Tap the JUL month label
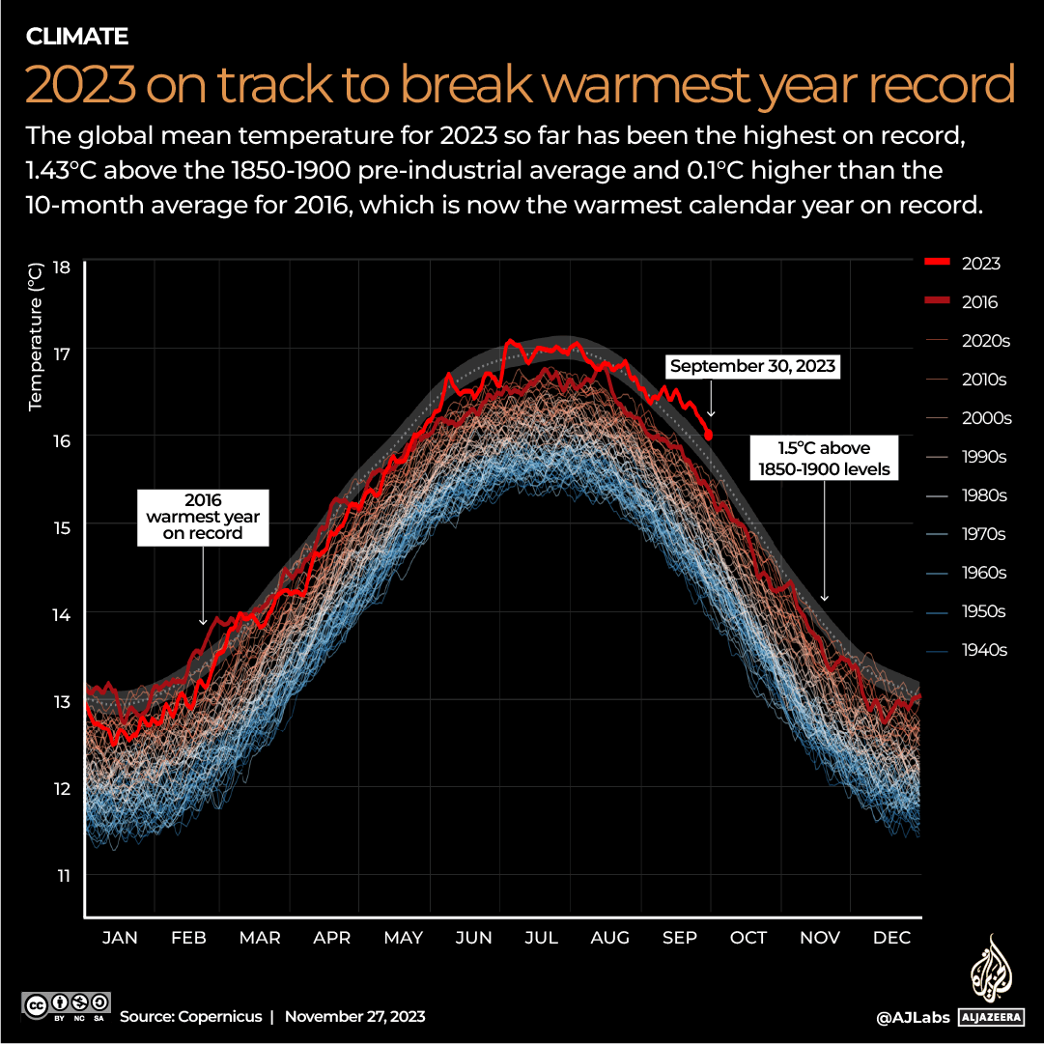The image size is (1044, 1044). tap(541, 937)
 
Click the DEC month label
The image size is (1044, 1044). tap(891, 937)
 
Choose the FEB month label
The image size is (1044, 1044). tap(189, 937)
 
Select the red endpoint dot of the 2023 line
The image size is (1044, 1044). tap(709, 436)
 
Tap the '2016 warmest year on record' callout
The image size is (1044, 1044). tap(203, 517)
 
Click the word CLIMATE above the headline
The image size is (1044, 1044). tap(76, 38)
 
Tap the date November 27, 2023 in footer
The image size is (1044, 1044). tap(354, 1017)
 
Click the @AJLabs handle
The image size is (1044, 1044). tap(913, 1017)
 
